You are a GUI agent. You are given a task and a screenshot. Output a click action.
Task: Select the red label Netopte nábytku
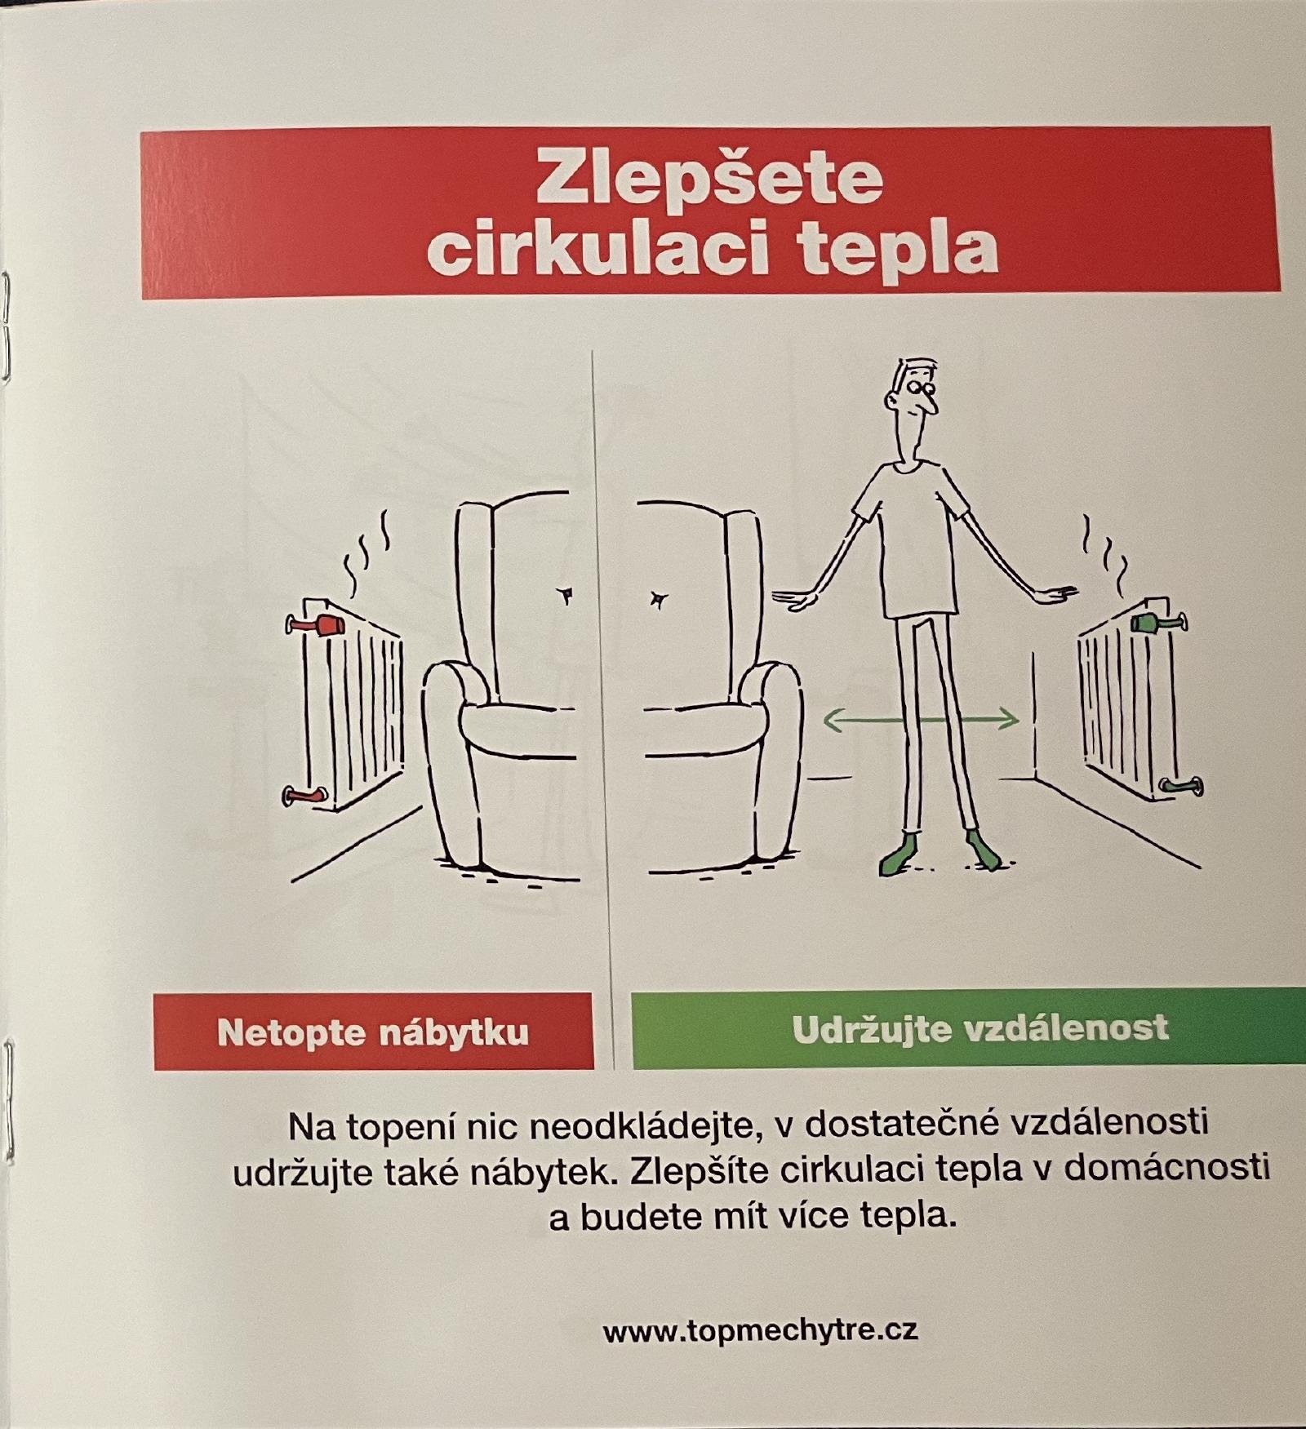(373, 1032)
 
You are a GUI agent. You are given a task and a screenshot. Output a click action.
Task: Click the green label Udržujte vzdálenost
(979, 1028)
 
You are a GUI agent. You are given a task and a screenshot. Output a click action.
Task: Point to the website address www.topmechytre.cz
(760, 1331)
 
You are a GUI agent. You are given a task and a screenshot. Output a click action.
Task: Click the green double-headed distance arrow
(921, 719)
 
